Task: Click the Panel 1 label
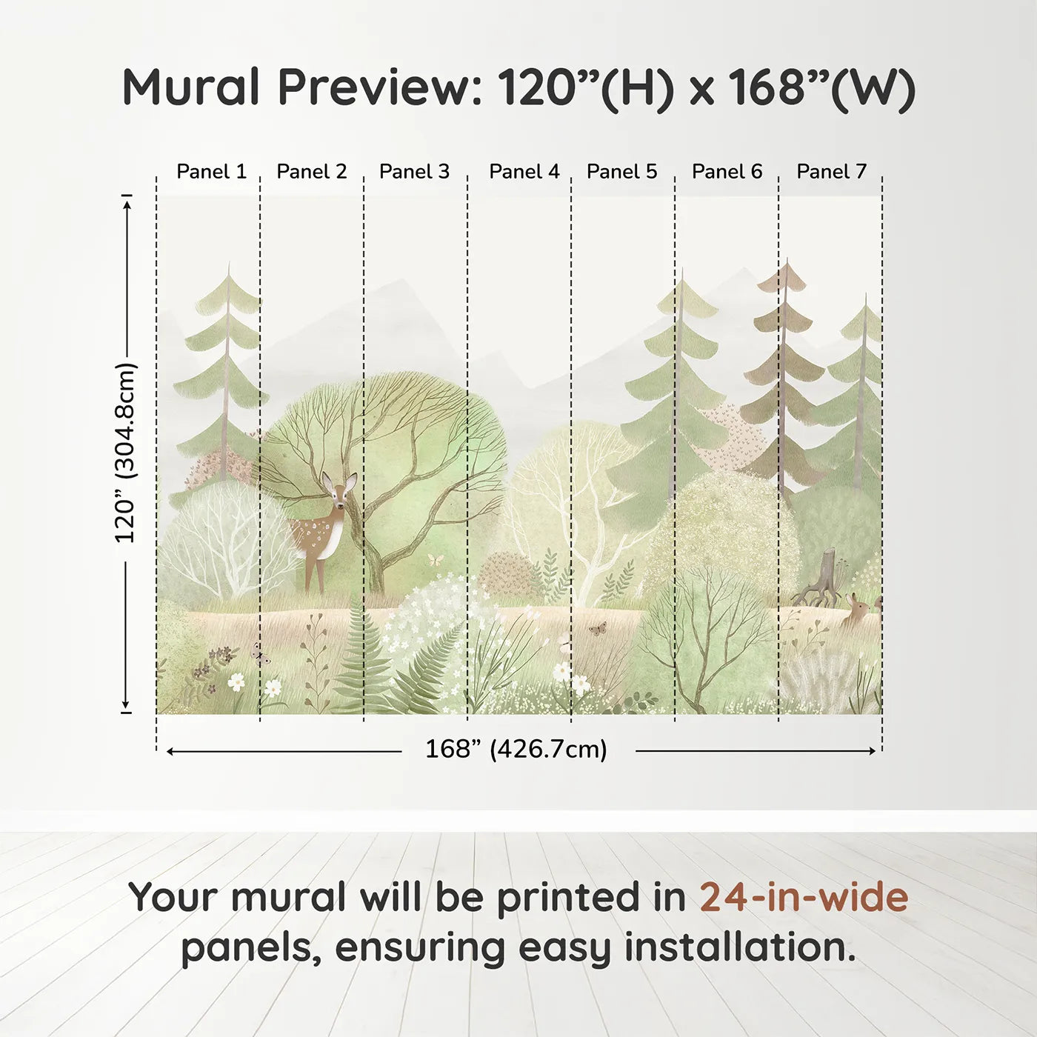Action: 211,172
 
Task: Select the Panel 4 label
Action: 524,172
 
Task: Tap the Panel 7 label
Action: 831,172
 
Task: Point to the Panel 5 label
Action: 621,172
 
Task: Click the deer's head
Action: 339,490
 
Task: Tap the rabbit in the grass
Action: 856,611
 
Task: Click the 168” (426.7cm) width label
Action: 516,749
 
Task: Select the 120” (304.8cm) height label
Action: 126,453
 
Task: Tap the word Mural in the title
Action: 191,87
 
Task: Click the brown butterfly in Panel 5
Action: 597,628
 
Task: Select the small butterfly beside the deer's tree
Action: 436,559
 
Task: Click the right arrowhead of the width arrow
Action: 872,751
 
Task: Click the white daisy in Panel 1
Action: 236,681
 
